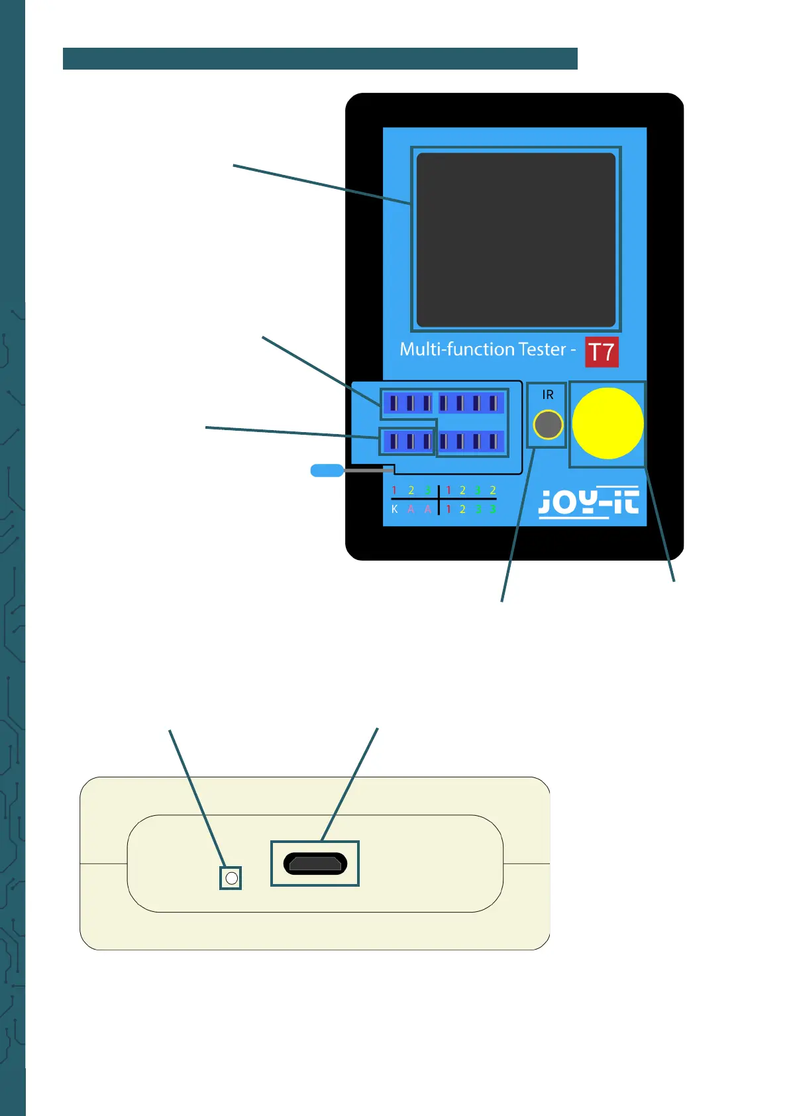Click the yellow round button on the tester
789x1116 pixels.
click(607, 423)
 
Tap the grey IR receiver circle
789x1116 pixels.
click(548, 425)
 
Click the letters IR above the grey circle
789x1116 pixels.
click(548, 395)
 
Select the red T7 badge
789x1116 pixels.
click(602, 352)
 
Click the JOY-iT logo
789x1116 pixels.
click(588, 502)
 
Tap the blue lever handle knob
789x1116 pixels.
click(327, 471)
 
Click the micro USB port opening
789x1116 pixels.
click(315, 864)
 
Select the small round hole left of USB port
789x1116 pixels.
click(231, 878)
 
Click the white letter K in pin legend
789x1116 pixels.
click(395, 509)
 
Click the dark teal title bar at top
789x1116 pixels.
click(320, 58)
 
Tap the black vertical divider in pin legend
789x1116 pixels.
click(439, 500)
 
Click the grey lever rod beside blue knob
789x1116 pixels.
click(368, 470)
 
